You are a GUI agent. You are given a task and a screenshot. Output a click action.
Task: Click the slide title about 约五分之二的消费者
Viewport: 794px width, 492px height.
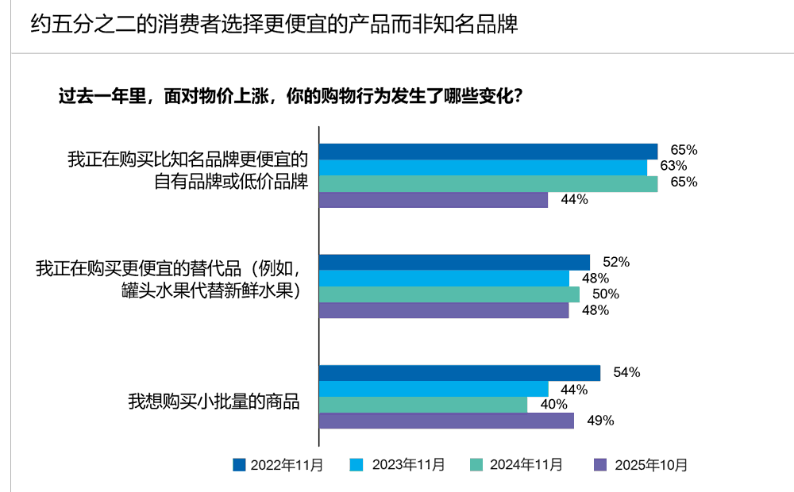[x=274, y=25]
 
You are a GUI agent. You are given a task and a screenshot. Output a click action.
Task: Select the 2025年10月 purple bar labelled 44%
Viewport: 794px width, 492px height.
[x=434, y=200]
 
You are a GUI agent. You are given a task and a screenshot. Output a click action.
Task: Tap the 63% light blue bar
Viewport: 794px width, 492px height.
[x=483, y=167]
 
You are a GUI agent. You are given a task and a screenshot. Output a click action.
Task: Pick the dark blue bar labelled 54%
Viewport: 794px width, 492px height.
[x=460, y=373]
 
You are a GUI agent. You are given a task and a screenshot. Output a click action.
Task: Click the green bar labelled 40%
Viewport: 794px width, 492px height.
[x=423, y=405]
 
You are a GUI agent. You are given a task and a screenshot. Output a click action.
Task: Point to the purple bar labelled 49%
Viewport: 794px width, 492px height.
[x=446, y=421]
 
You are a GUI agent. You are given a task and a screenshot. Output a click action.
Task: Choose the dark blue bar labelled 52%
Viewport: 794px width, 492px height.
[x=454, y=262]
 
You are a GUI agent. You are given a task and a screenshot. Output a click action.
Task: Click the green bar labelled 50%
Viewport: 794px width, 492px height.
[x=449, y=294]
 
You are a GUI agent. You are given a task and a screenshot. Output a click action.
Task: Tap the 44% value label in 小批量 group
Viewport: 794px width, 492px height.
[x=574, y=390]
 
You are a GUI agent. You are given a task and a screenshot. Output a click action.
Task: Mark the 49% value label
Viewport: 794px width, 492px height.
[x=600, y=421]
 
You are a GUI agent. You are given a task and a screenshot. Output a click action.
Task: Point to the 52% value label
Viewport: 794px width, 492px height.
[x=616, y=262]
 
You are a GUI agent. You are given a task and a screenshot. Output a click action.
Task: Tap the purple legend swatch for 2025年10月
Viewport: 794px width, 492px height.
[x=601, y=465]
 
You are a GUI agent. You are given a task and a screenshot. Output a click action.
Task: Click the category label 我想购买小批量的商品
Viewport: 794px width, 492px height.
[x=214, y=402]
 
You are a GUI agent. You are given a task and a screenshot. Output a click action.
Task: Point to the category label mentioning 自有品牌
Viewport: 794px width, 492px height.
[x=230, y=181]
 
